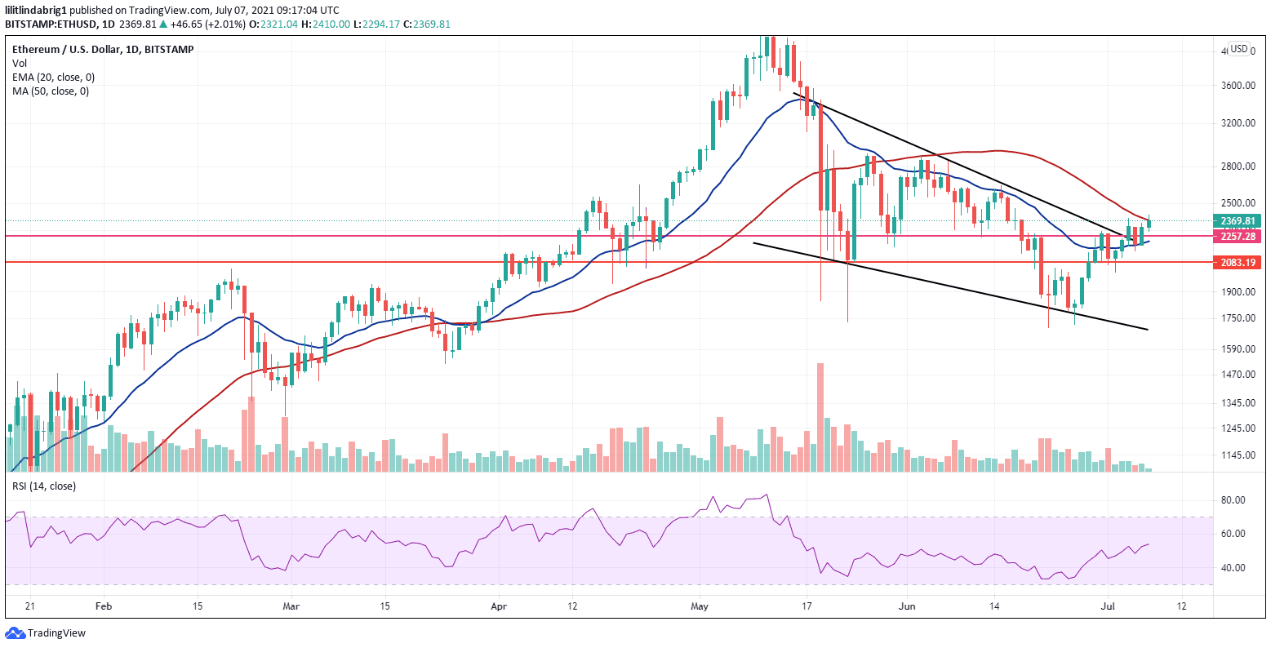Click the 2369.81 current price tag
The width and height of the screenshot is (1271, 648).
[x=1238, y=220]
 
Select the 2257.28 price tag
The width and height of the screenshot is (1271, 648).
[x=1238, y=236]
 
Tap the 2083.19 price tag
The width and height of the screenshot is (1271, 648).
[x=1238, y=262]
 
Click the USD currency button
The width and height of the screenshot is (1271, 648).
[x=1239, y=49]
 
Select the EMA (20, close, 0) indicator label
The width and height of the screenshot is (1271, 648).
[x=53, y=78]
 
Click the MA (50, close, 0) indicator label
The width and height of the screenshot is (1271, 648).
[x=51, y=91]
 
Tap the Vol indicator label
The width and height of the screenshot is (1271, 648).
[x=19, y=64]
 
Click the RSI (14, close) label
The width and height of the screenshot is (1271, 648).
[x=43, y=486]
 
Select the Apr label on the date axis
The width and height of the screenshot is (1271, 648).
[x=499, y=607]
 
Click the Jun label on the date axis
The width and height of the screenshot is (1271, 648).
[x=904, y=607]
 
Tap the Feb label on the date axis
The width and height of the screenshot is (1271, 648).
[x=103, y=607]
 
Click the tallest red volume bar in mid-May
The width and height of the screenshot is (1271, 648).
[x=820, y=416]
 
